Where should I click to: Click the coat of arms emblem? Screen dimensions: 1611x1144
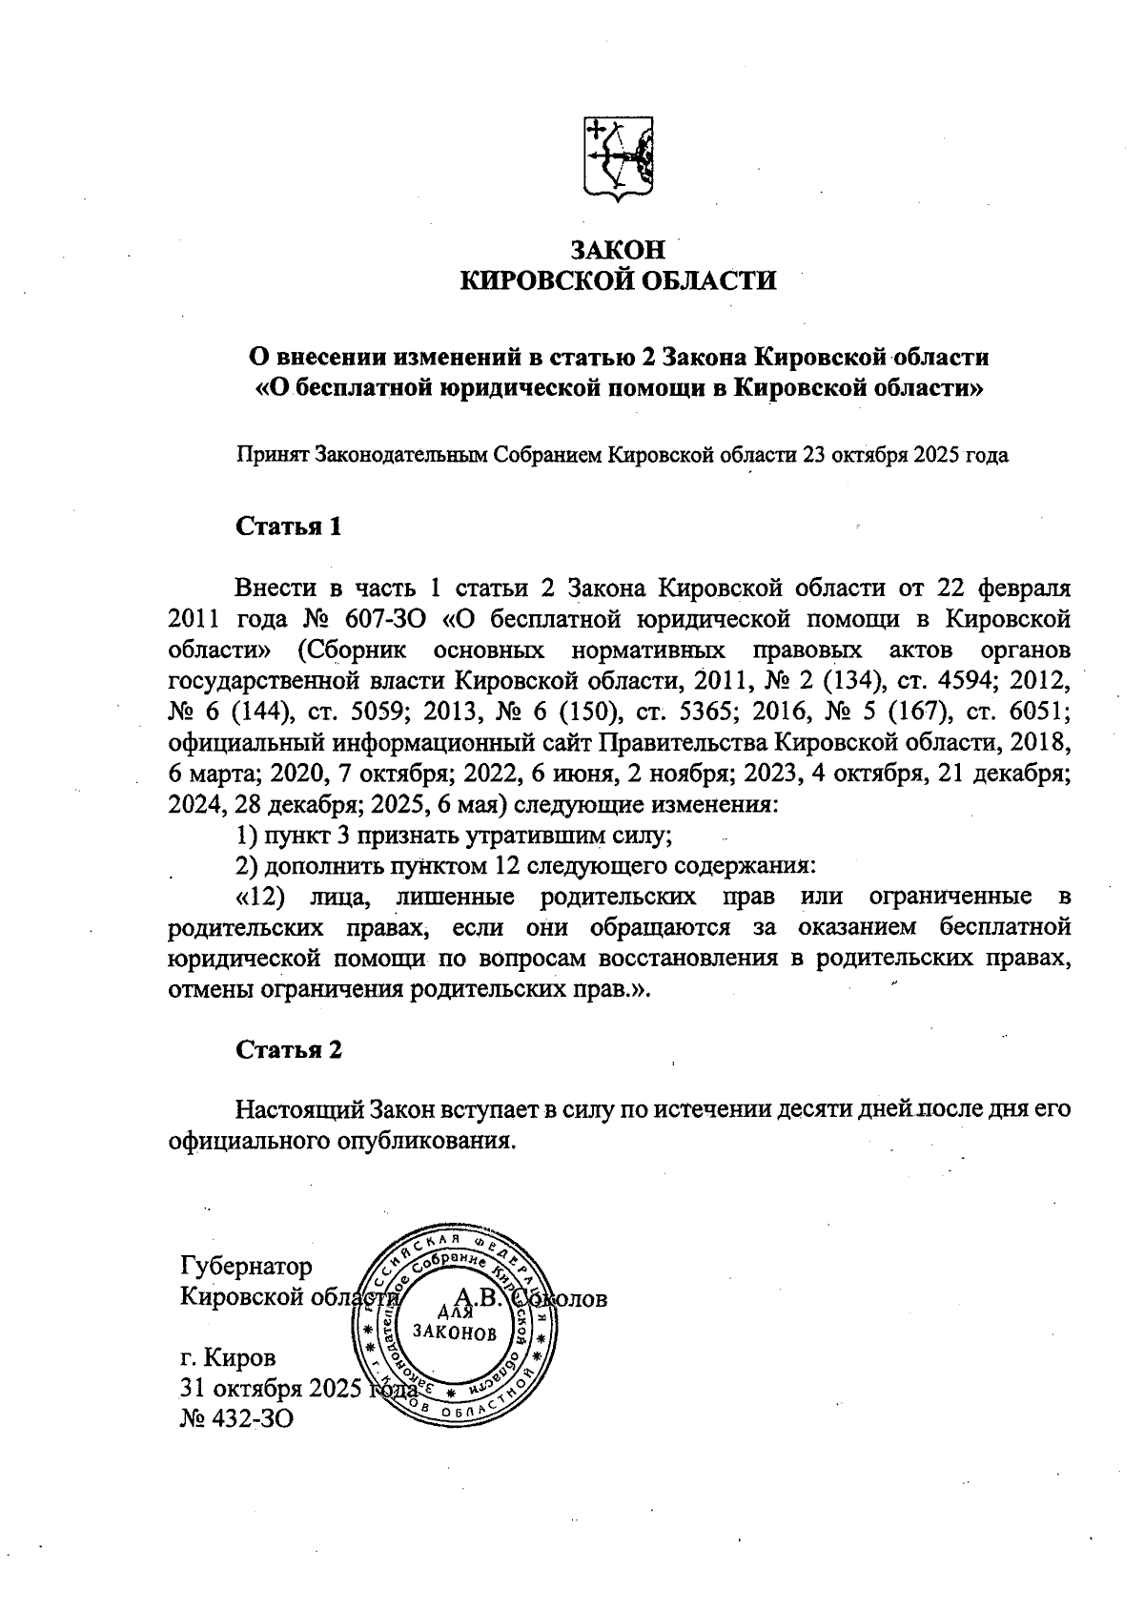pyautogui.click(x=618, y=158)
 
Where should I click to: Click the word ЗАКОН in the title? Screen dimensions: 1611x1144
pyautogui.click(x=617, y=250)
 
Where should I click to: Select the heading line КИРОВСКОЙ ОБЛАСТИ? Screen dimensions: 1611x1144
pyautogui.click(x=618, y=280)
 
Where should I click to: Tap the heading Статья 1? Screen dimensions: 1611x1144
pyautogui.click(x=288, y=527)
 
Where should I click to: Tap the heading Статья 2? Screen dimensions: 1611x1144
pyautogui.click(x=288, y=1049)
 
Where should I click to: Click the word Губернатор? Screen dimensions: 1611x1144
pyautogui.click(x=246, y=1267)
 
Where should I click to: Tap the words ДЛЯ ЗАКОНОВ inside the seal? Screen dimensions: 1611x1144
pyautogui.click(x=454, y=1323)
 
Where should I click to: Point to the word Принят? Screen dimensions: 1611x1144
pyautogui.click(x=271, y=455)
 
